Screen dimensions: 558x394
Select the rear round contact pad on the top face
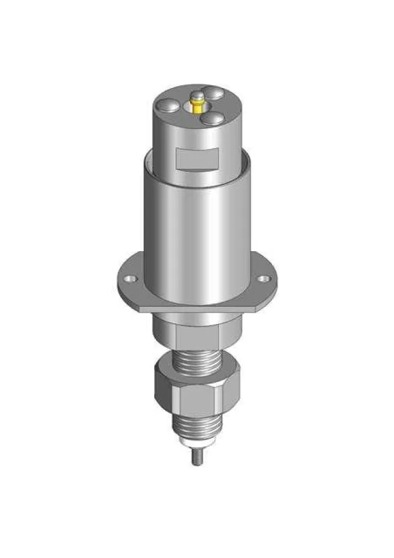coord(214,93)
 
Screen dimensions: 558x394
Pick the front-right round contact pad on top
coord(214,117)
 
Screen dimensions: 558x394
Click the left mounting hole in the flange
coord(131,278)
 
